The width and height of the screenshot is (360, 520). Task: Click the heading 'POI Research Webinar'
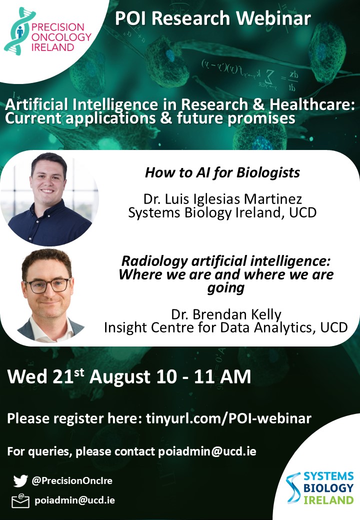(213, 18)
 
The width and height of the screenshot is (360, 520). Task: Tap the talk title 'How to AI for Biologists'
(222, 172)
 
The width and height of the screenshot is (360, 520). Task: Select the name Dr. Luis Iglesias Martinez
(222, 199)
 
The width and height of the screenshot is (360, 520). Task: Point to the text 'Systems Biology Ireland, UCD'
(222, 212)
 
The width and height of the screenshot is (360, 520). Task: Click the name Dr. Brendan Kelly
(226, 314)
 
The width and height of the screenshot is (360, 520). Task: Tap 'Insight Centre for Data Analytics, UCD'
(225, 327)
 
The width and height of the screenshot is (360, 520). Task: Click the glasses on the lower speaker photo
(47, 285)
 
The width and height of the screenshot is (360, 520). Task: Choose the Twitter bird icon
(20, 480)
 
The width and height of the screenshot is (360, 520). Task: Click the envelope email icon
(20, 501)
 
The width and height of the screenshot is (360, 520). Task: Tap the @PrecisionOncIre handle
(72, 480)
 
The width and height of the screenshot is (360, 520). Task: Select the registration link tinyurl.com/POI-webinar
(228, 418)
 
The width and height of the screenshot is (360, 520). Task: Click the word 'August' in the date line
(120, 377)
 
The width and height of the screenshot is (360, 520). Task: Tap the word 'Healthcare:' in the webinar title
(312, 105)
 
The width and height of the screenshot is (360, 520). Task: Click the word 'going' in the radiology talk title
(225, 288)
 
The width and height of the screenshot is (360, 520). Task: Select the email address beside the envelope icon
(75, 500)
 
